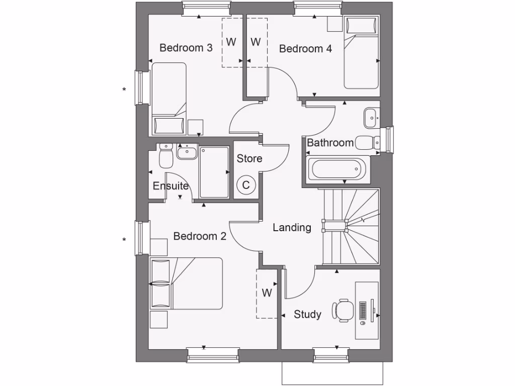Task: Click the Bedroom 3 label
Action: point(186,48)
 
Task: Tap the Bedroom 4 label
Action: point(305,49)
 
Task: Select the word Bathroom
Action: point(330,143)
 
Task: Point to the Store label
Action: point(249,159)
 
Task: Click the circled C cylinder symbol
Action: point(246,185)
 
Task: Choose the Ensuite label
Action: point(170,186)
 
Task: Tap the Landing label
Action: point(292,228)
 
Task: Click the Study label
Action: point(307,315)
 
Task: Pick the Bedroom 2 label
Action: point(200,236)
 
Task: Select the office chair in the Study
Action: point(343,309)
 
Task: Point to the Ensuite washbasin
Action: point(187,151)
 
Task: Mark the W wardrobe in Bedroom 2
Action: point(267,293)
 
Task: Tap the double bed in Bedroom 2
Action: point(186,283)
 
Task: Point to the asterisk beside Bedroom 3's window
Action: point(124,90)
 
